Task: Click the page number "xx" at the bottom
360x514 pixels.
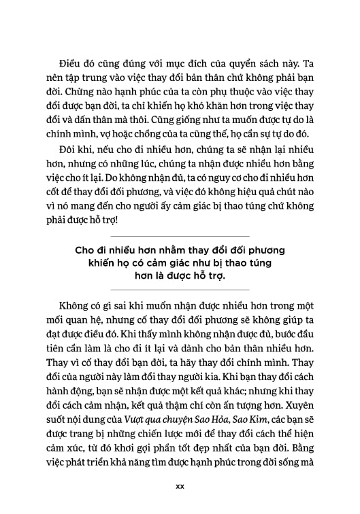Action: point(180,487)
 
